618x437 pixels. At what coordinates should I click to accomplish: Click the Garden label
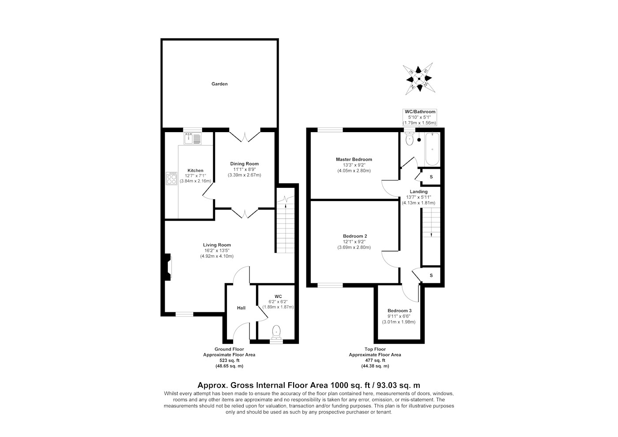pyautogui.click(x=219, y=84)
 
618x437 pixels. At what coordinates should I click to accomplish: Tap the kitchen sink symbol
pyautogui.click(x=192, y=139)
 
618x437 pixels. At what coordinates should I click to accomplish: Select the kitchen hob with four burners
pyautogui.click(x=171, y=178)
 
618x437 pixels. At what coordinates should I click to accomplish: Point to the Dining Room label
pyautogui.click(x=245, y=164)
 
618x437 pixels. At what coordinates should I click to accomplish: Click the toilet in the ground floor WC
pyautogui.click(x=276, y=332)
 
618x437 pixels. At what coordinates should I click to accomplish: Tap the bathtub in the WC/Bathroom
pyautogui.click(x=432, y=149)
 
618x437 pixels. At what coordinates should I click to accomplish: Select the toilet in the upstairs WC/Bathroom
pyautogui.click(x=410, y=139)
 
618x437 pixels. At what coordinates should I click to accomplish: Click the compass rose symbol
pyautogui.click(x=419, y=79)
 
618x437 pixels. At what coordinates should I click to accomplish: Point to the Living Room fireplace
pyautogui.click(x=168, y=267)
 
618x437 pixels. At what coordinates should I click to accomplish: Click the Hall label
pyautogui.click(x=241, y=308)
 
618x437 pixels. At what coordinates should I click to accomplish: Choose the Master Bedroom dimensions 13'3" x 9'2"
pyautogui.click(x=354, y=165)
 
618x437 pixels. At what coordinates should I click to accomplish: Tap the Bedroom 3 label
pyautogui.click(x=399, y=311)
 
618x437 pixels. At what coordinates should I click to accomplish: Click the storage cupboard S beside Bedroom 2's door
pyautogui.click(x=431, y=275)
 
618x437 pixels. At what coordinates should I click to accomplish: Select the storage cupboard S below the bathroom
pyautogui.click(x=431, y=177)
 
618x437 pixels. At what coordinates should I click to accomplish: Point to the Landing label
pyautogui.click(x=418, y=192)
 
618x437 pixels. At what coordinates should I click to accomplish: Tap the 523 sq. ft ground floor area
pyautogui.click(x=229, y=361)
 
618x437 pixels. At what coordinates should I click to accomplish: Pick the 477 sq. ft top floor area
pyautogui.click(x=375, y=361)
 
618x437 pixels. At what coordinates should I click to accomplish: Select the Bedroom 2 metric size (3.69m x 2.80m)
pyautogui.click(x=354, y=247)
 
